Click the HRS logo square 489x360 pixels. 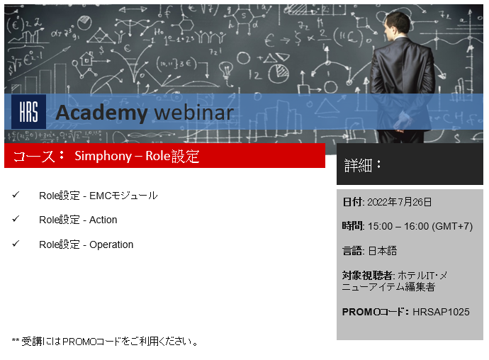pos(28,112)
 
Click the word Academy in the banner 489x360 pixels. pos(101,113)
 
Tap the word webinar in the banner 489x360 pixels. pos(194,112)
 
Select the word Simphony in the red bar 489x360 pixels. pos(103,156)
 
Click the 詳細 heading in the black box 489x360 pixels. pos(358,165)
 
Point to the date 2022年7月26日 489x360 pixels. pos(399,202)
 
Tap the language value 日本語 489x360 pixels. pos(383,251)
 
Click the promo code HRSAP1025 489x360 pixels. pos(441,312)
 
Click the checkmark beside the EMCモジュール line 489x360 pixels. pos(16,195)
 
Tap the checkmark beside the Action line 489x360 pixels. pos(16,219)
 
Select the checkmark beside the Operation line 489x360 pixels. pos(16,243)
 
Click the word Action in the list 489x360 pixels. pos(103,220)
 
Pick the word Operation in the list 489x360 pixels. pos(111,245)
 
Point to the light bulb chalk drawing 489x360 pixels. pos(226,70)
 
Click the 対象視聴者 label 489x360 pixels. pos(367,276)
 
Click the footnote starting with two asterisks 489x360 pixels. pos(105,342)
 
